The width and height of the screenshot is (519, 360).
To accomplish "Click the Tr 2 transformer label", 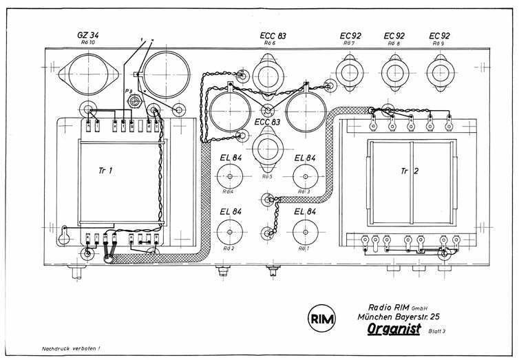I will point(411,169).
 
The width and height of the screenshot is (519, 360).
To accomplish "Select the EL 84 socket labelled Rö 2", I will point(230,229).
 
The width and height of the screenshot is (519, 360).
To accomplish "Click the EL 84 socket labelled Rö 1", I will point(304,229).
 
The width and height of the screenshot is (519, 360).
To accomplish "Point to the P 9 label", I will point(128,91).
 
